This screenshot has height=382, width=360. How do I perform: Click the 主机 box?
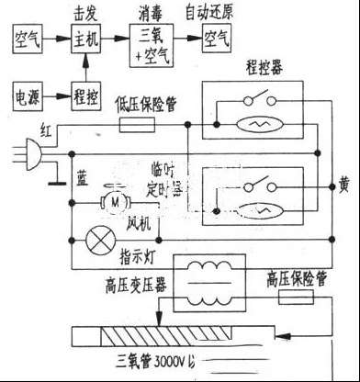tap(86, 40)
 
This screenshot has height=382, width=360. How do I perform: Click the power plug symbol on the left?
tap(25, 149)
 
